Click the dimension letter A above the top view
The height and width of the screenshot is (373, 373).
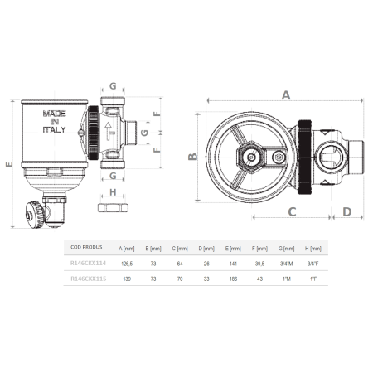point(285,94)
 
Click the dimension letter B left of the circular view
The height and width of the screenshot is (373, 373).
point(192,157)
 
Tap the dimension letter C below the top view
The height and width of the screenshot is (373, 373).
point(292,212)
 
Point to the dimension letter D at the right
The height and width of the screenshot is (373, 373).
point(348,212)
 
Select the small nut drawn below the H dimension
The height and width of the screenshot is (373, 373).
point(112,206)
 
